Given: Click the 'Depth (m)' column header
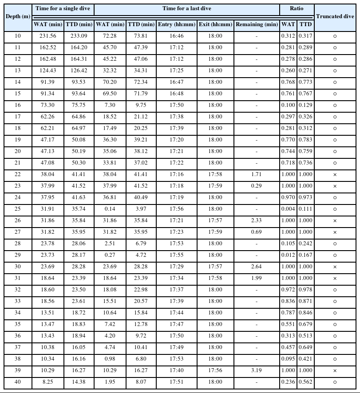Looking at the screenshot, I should [x=18, y=16].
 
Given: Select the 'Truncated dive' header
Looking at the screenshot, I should [x=335, y=16].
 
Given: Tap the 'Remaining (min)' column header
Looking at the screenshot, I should [x=257, y=24].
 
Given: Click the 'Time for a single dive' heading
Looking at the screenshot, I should [x=63, y=8].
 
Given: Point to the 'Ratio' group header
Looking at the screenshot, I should [x=297, y=8].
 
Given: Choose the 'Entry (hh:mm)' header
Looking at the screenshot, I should [x=176, y=24].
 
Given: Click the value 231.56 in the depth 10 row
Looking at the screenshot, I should [x=48, y=36].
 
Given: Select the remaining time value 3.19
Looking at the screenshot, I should [x=256, y=371].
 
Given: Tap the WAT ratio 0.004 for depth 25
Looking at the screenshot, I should [x=288, y=209].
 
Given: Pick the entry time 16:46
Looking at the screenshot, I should [x=176, y=36].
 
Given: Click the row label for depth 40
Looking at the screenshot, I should [x=18, y=382].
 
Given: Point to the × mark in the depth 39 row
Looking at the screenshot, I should [x=335, y=371].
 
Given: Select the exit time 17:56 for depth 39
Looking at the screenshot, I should [x=216, y=371].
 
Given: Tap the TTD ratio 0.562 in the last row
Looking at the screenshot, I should [x=305, y=382].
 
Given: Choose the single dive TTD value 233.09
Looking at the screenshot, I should [x=79, y=36].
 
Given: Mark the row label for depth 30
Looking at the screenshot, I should [x=18, y=267].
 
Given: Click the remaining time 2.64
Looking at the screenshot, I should [x=256, y=267].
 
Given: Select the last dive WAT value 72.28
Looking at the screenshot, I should [x=110, y=36].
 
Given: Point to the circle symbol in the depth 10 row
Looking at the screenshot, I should [x=335, y=36].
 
